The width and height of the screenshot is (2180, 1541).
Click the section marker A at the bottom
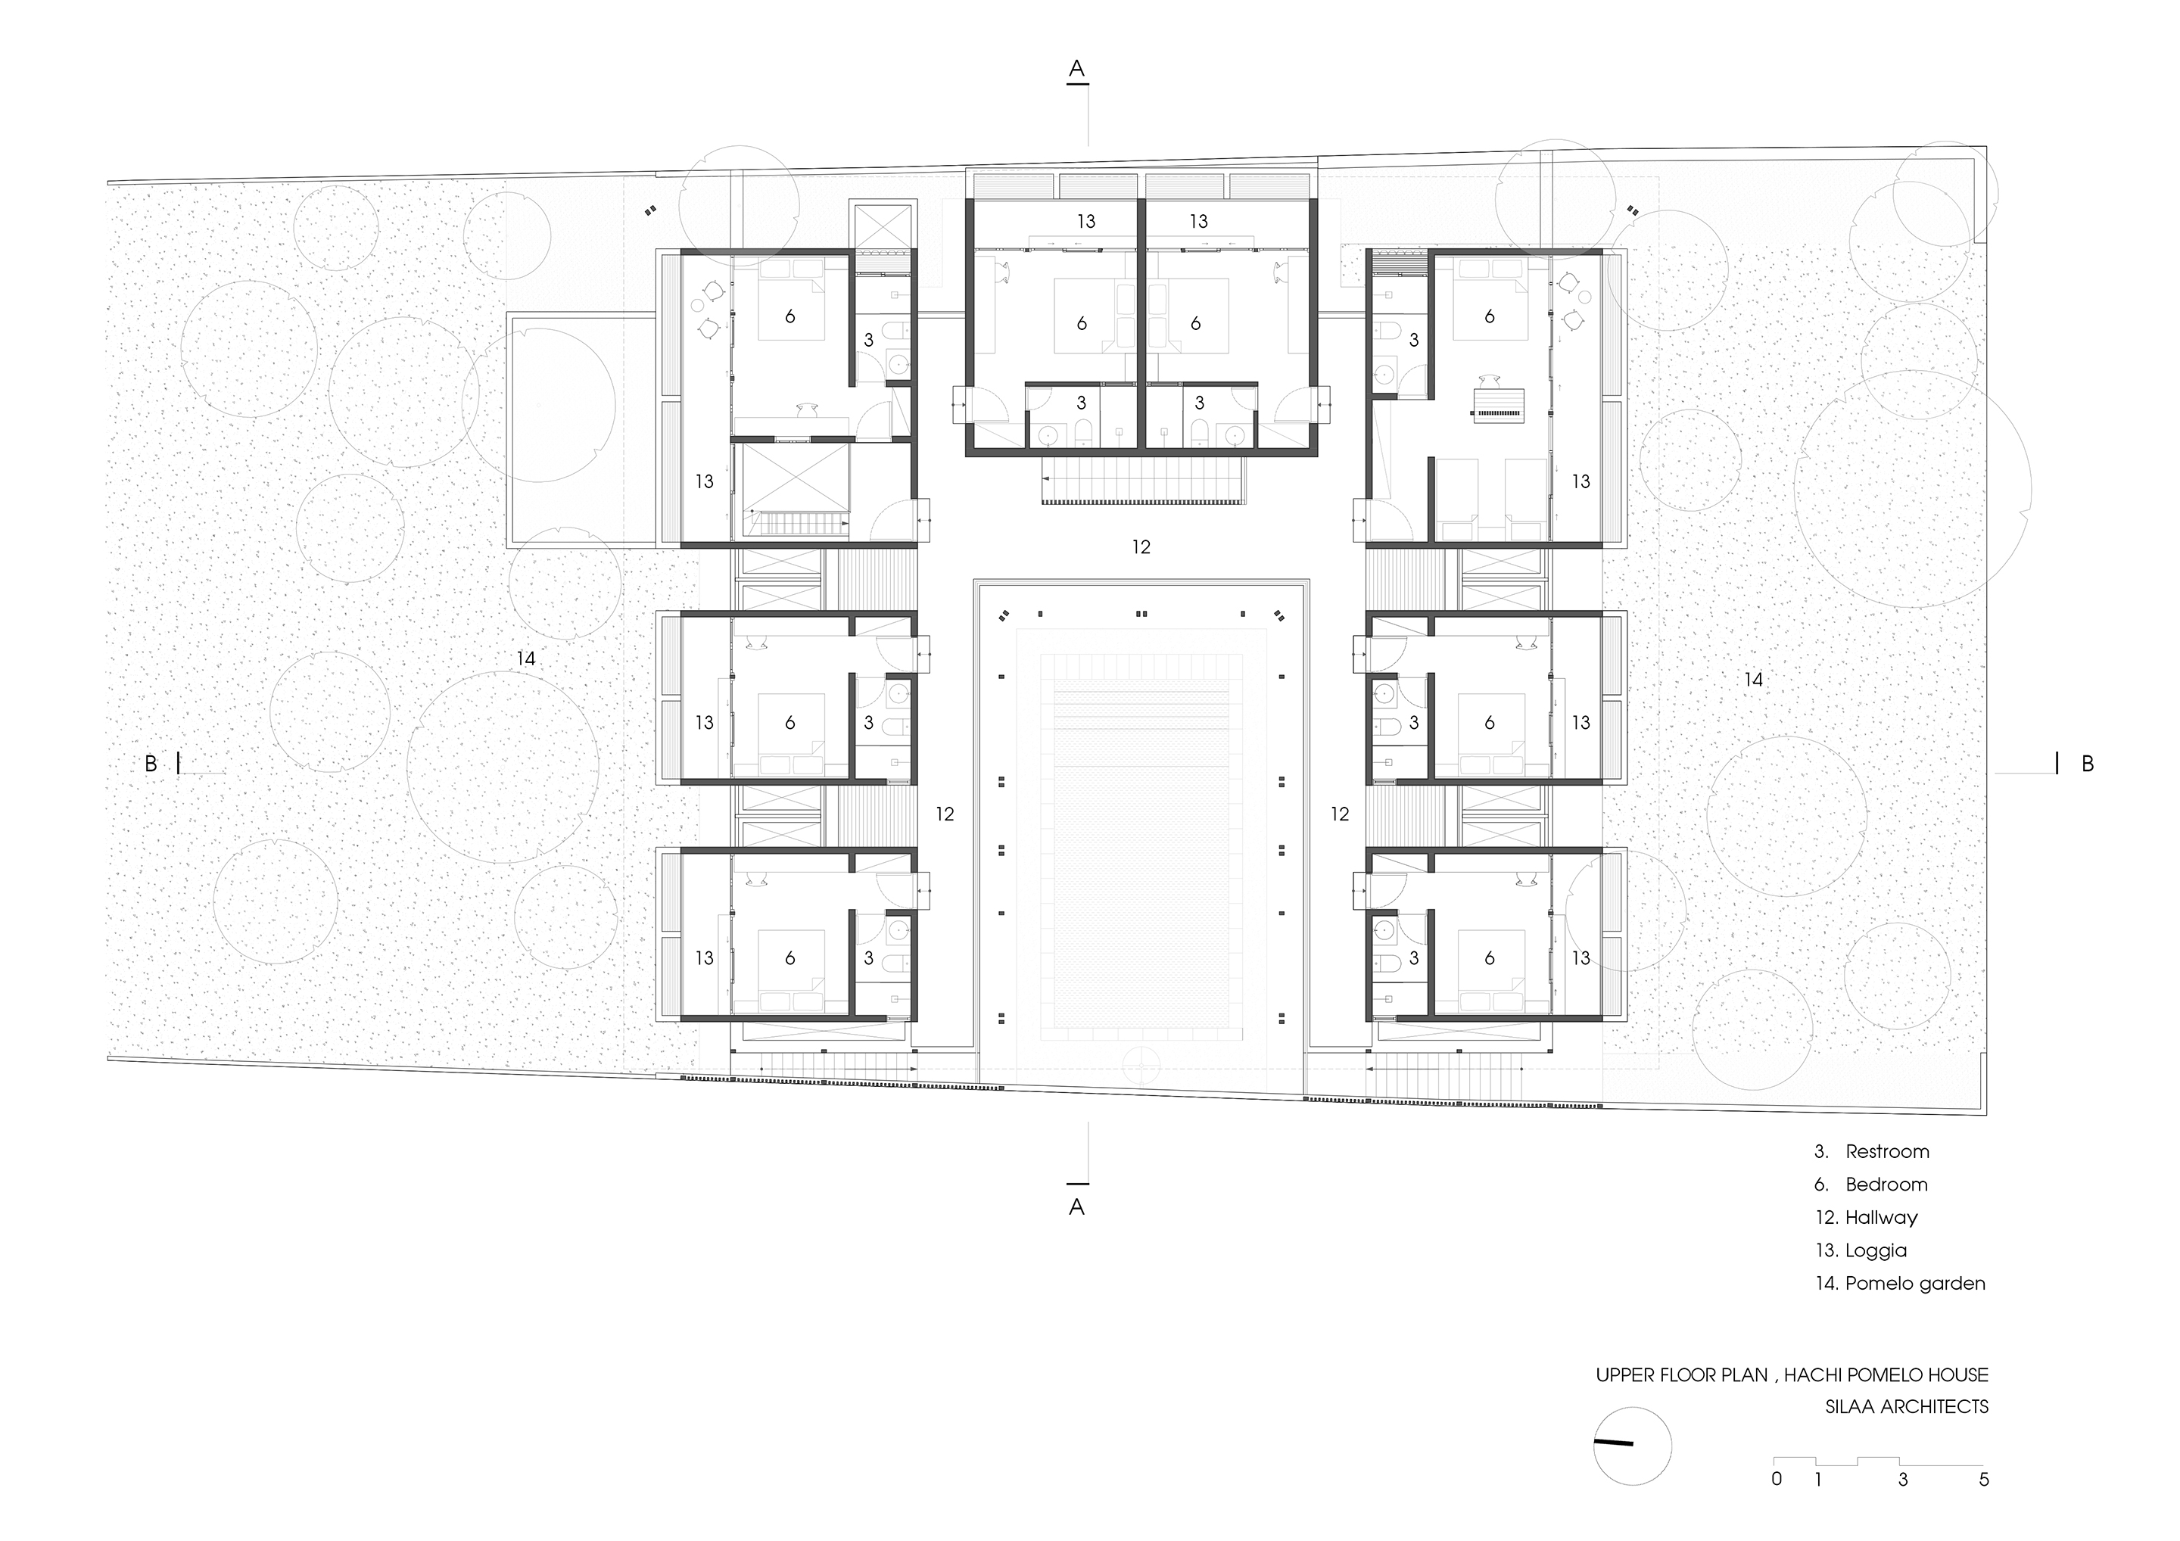click(x=1076, y=1206)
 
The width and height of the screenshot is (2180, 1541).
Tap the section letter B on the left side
click(x=150, y=764)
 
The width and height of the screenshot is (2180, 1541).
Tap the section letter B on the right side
click(x=2087, y=764)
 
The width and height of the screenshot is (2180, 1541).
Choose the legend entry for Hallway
click(x=1867, y=1218)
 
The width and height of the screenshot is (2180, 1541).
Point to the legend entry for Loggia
click(x=1861, y=1251)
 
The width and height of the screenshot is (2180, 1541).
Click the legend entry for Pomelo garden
click(x=1900, y=1284)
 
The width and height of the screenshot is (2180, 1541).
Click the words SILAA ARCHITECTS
click(x=1907, y=1407)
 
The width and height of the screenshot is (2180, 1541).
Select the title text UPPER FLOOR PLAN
click(x=1681, y=1374)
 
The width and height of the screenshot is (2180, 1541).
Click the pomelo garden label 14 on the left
click(x=526, y=658)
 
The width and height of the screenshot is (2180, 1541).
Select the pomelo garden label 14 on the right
click(x=1754, y=680)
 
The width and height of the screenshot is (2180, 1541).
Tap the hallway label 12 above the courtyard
click(x=1141, y=547)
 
